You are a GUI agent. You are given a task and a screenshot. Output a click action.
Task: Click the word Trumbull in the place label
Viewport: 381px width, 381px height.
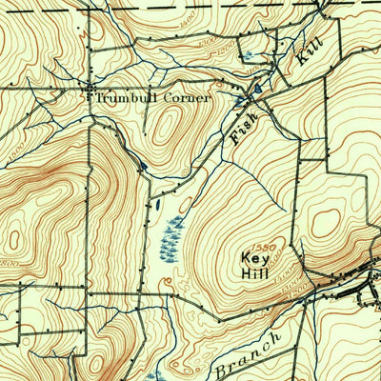[121, 97]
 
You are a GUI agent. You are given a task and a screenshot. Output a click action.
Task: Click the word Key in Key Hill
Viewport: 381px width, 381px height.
[252, 258]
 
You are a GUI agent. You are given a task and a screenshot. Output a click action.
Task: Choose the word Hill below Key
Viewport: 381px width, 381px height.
[253, 279]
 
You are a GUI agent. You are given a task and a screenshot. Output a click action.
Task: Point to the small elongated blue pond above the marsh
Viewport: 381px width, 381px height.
[155, 202]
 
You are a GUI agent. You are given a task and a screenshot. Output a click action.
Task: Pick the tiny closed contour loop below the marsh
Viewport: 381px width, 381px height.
[168, 281]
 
